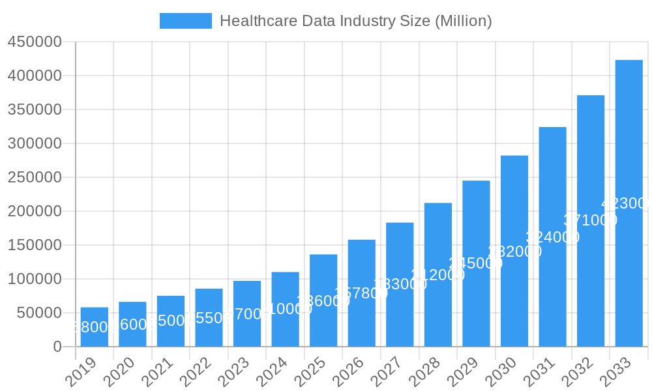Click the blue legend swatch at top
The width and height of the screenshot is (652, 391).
186,21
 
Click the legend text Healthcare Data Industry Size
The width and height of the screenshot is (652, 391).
355,21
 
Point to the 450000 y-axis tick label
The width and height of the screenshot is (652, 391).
35,42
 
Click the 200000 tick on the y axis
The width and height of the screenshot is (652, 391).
35,211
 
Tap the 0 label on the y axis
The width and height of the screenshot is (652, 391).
57,347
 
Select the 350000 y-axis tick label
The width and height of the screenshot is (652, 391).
35,109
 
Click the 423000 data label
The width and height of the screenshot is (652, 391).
626,203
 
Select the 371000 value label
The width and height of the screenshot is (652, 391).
590,220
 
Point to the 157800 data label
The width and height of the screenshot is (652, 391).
361,293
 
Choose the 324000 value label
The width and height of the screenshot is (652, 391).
552,237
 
